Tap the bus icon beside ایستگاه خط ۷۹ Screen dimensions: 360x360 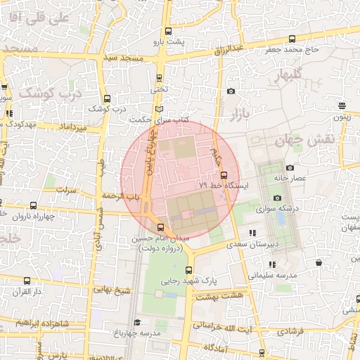(x=224, y=174)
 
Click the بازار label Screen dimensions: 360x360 (x=231, y=112)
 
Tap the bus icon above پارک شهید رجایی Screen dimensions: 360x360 (x=188, y=270)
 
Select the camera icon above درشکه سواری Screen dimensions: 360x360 (x=277, y=198)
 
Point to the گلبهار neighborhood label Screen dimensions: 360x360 (x=288, y=74)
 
